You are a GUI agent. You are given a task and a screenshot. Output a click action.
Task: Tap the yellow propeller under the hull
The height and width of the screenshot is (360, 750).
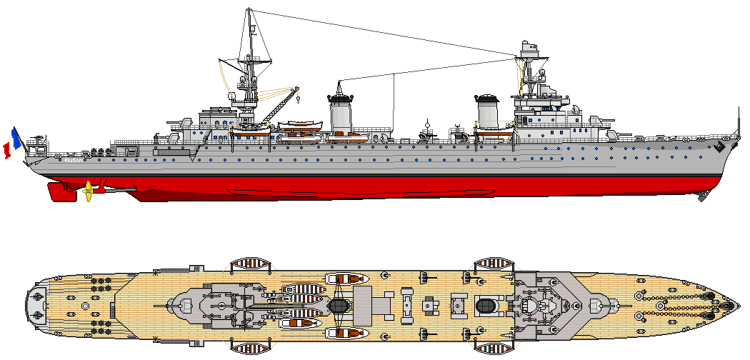point(88,191)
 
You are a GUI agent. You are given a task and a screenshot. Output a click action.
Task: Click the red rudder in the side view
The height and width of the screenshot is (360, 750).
point(59,191)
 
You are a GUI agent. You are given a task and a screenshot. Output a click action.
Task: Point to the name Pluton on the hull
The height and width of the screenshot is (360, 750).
point(73,161)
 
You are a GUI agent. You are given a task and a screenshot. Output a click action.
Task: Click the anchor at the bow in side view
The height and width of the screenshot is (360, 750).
point(719,146)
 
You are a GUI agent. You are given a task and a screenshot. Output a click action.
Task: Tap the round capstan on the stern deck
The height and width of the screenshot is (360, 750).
point(85,306)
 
